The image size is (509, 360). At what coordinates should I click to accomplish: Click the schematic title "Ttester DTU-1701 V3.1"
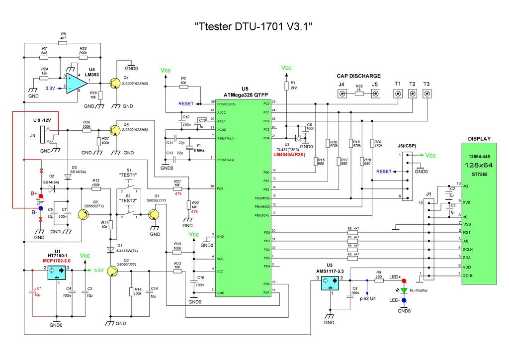tap(254, 26)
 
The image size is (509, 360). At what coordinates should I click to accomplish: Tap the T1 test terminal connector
tap(397, 94)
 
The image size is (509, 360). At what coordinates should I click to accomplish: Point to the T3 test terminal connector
tap(426, 94)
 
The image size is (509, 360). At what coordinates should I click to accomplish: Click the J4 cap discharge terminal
tap(341, 94)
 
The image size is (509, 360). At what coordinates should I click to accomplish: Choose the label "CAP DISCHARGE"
tap(358, 76)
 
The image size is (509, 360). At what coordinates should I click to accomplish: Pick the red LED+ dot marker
tap(404, 281)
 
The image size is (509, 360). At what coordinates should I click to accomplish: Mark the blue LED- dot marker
tap(404, 300)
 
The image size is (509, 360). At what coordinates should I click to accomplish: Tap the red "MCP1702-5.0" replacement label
tap(57, 261)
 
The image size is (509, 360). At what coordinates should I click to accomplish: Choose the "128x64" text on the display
tap(479, 165)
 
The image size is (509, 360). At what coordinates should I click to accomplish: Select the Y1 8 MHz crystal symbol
tap(189, 148)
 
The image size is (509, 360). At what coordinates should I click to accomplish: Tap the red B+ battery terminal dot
tap(40, 196)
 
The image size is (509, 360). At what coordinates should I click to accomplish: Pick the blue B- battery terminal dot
tap(40, 208)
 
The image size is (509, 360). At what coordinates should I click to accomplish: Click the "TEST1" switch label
tap(128, 175)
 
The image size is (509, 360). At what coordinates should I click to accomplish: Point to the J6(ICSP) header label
tap(408, 146)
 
